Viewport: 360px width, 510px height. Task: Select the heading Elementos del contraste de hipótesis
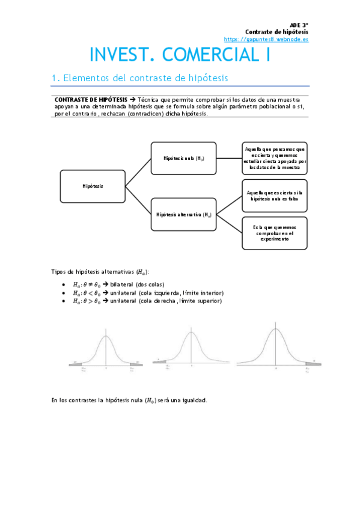click(x=139, y=78)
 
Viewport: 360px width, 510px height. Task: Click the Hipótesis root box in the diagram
click(x=93, y=186)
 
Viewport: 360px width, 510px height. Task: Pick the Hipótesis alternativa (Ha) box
click(x=183, y=214)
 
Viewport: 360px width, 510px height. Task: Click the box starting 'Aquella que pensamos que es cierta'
click(x=274, y=158)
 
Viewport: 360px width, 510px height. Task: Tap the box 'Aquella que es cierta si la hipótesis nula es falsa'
click(x=274, y=195)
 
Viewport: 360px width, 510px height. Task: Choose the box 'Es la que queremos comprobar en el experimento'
click(x=274, y=233)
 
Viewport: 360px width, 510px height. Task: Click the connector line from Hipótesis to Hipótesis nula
click(x=138, y=172)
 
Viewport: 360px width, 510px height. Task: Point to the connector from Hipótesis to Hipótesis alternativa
click(x=138, y=200)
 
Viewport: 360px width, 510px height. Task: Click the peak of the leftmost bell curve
click(x=106, y=336)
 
